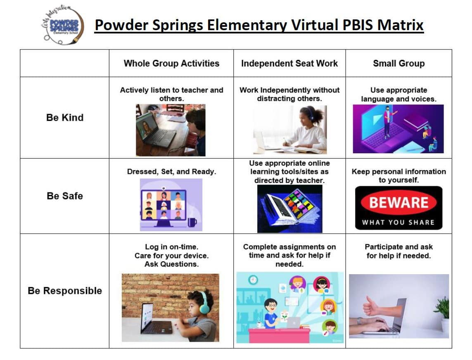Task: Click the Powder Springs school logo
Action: (63, 25)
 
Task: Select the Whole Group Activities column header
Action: (171, 64)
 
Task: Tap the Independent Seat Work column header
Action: (289, 64)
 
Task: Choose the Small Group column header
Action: (399, 64)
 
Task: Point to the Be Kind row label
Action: (65, 117)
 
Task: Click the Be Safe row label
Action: (65, 196)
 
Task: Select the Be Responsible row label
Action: (65, 291)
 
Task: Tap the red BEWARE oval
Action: (399, 202)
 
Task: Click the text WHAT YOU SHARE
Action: (398, 223)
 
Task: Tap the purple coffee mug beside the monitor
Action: (192, 222)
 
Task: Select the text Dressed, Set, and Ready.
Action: (172, 172)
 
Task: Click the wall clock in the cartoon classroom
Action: (253, 280)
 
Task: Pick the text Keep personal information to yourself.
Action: (399, 176)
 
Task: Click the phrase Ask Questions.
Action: (172, 264)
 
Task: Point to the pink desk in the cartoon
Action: (279, 336)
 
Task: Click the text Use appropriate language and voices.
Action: (399, 95)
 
